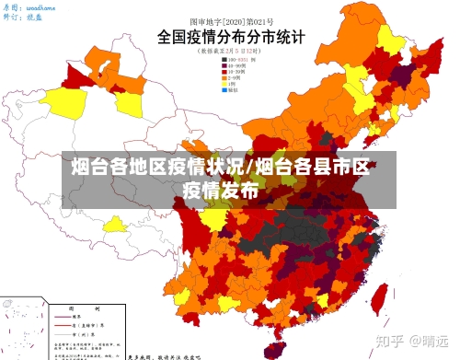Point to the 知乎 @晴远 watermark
(x=413, y=340)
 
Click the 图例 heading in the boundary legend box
(x=66, y=310)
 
